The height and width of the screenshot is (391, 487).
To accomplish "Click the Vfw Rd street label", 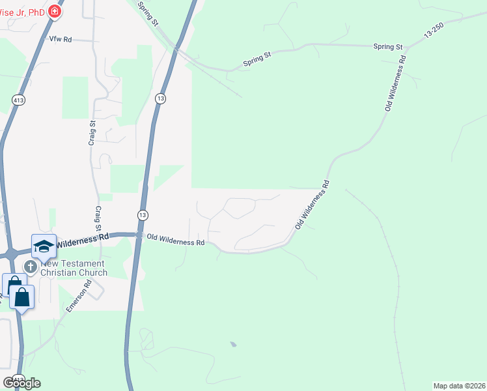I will (60, 40).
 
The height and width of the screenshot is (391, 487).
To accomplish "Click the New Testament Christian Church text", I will (74, 268).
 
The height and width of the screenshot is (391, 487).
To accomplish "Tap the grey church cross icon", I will (30, 266).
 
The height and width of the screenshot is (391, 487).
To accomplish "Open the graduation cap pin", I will (44, 246).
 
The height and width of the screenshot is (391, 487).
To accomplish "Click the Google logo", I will (21, 383).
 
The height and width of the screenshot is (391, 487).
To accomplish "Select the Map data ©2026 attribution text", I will (459, 385).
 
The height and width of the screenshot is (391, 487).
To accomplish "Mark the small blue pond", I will (233, 344).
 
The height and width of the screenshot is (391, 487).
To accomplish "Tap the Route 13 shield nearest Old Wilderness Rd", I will (143, 214).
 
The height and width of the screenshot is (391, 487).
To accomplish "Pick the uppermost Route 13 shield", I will (160, 98).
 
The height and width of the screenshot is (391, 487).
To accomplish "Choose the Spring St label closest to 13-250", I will (388, 47).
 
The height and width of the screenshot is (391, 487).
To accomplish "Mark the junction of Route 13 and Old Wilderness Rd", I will (139, 235).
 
